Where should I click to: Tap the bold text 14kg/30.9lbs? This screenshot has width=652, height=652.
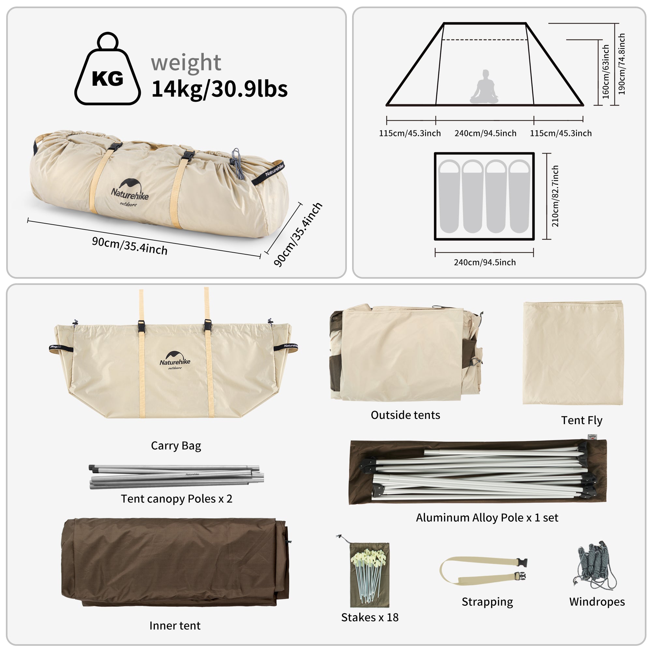tap(219, 89)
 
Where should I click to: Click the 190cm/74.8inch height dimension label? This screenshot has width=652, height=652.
tap(622, 64)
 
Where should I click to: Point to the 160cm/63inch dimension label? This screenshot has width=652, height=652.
tap(606, 71)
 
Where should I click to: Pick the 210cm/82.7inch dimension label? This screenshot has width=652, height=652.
tap(555, 196)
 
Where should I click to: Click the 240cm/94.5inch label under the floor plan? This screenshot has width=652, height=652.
tap(485, 262)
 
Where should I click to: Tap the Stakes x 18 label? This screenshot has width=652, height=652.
tap(370, 617)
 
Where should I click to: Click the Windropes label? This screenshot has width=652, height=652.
tap(597, 602)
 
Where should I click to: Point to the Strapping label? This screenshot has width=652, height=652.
tap(487, 602)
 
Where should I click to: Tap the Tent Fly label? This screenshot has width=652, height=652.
tap(582, 421)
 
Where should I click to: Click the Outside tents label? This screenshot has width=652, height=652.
tap(405, 415)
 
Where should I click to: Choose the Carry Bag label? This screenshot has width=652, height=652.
tap(176, 446)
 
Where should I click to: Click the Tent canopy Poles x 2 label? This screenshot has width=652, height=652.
tap(176, 499)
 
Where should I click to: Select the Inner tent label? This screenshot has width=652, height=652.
tap(175, 626)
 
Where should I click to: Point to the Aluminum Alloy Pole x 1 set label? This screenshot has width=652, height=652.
tap(487, 518)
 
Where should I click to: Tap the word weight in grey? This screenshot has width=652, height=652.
tap(186, 63)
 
